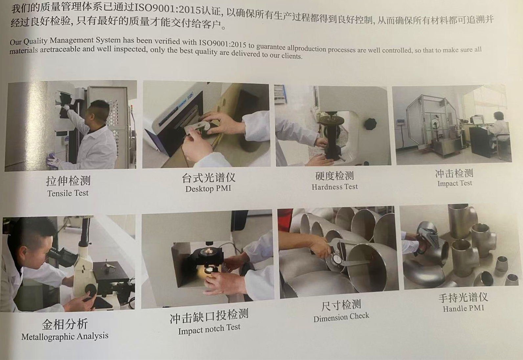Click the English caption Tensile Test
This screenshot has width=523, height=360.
pyautogui.click(x=68, y=193)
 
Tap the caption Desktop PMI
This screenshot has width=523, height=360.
pyautogui.click(x=208, y=188)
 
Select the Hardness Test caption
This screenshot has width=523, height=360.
pyautogui.click(x=335, y=187)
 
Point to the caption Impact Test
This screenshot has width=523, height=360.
pyautogui.click(x=455, y=183)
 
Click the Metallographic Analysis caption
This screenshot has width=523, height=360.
pyautogui.click(x=65, y=336)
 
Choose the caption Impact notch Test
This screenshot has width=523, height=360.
pyautogui.click(x=209, y=329)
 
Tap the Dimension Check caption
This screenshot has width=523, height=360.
pyautogui.click(x=341, y=317)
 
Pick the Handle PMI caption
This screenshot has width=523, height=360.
pyautogui.click(x=464, y=308)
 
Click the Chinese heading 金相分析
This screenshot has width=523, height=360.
pyautogui.click(x=65, y=324)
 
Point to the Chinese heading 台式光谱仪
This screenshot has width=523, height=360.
pyautogui.click(x=208, y=178)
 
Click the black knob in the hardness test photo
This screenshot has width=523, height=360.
pyautogui.click(x=370, y=124)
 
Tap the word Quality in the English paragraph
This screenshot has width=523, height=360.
pyautogui.click(x=35, y=41)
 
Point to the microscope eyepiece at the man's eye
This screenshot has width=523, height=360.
pyautogui.click(x=55, y=252)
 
